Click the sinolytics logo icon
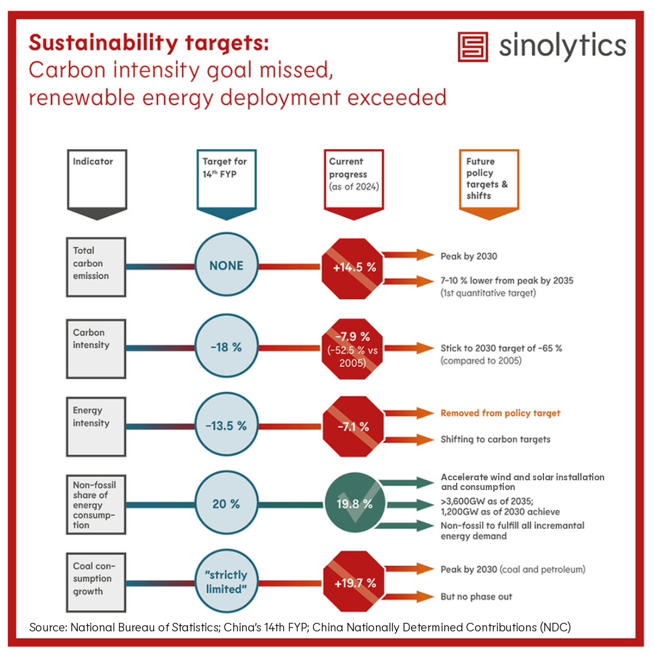(x=474, y=46)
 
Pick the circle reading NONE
(x=226, y=266)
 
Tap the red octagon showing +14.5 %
(x=352, y=267)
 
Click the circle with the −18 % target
(x=226, y=348)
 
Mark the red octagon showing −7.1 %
(x=352, y=425)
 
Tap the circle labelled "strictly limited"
(x=226, y=582)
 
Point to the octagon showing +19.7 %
(x=355, y=583)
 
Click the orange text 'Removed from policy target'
(x=500, y=413)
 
